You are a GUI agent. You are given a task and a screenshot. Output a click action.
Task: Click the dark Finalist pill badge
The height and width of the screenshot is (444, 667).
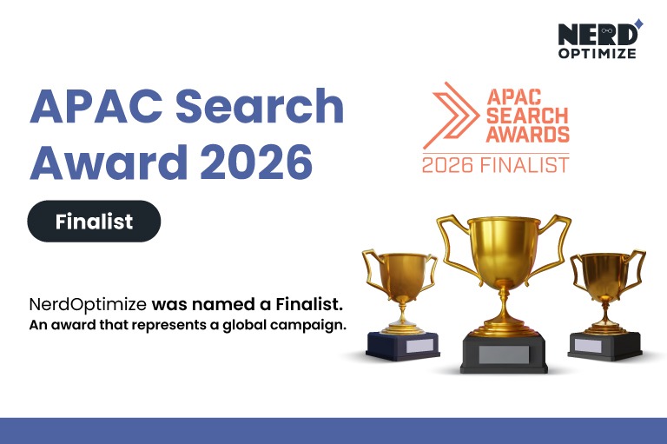[x=94, y=222]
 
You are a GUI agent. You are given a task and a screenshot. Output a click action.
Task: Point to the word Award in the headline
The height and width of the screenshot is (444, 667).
[x=102, y=162]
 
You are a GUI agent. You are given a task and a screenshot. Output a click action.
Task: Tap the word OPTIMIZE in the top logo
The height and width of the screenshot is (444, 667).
[x=597, y=54]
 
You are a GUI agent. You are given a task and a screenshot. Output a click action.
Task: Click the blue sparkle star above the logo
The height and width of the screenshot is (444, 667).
[x=638, y=23]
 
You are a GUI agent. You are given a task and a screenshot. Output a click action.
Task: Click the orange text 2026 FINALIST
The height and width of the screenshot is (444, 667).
[x=495, y=163]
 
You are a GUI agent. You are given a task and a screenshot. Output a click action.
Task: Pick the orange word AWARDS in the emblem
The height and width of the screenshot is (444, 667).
[x=527, y=135]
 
